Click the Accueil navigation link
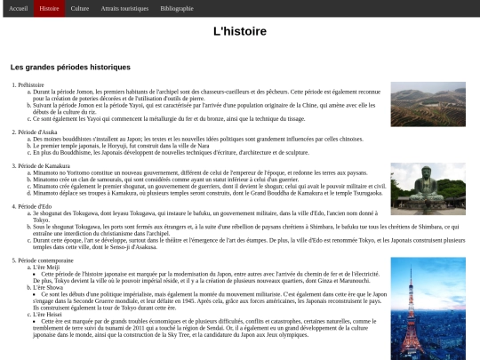coord(18,8)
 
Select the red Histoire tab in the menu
coord(50,8)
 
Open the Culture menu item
coord(80,8)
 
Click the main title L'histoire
coord(239,31)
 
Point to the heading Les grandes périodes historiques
coord(70,67)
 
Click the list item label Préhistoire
coord(30,84)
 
